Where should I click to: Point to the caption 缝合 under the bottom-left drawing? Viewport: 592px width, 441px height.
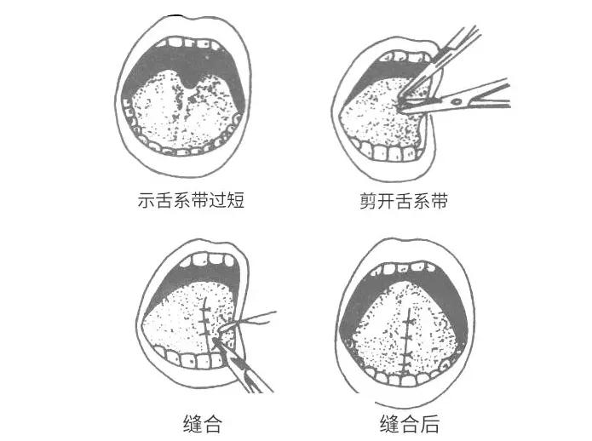202,424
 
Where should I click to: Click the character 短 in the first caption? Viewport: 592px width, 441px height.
235,203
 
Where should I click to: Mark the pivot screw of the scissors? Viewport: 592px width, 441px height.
461,101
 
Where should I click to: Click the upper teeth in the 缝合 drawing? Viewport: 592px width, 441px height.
205,261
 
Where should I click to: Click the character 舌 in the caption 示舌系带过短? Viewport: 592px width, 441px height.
164,203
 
